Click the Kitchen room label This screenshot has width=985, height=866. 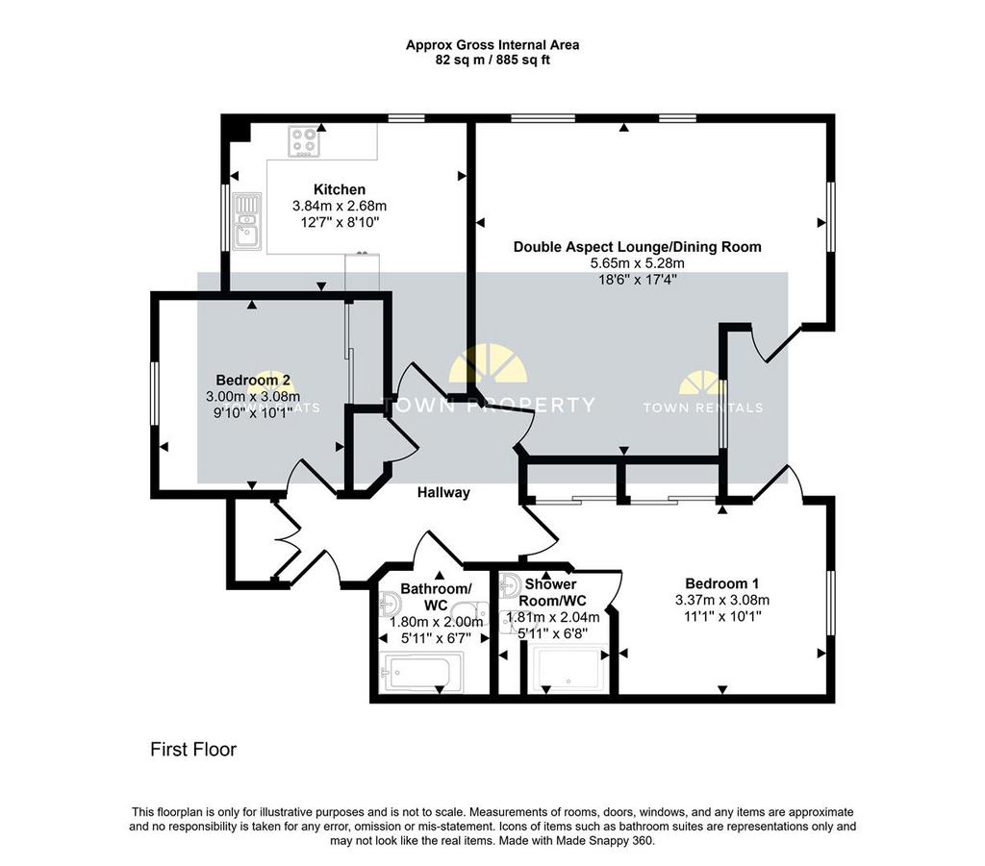click(x=340, y=189)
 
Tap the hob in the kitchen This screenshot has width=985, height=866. click(x=304, y=141)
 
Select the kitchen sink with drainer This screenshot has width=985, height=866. click(x=247, y=221)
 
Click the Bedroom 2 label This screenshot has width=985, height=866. click(x=253, y=380)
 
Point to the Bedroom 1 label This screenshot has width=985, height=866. click(x=721, y=583)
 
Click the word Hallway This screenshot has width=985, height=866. click(x=443, y=493)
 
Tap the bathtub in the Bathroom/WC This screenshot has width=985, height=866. click(x=421, y=672)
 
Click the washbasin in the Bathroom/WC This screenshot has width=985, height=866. click(x=391, y=606)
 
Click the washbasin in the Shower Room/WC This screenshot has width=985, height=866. click(x=509, y=586)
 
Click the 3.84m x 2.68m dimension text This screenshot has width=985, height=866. click(x=340, y=206)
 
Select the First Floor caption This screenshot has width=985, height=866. click(x=193, y=750)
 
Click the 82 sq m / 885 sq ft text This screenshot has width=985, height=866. click(x=492, y=61)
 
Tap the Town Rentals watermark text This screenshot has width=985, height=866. click(x=703, y=408)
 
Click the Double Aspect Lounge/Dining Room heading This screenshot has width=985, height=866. click(x=637, y=247)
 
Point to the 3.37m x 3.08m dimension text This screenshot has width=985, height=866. click(x=721, y=600)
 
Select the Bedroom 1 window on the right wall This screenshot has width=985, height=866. click(x=830, y=603)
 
